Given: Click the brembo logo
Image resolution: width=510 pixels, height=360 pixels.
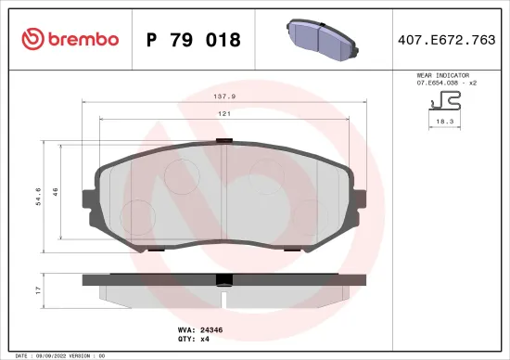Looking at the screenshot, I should click(70, 39).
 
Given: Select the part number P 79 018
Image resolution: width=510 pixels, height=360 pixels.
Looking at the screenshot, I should click(194, 40).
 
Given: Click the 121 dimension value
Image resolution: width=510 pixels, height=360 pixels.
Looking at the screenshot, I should click(224, 113).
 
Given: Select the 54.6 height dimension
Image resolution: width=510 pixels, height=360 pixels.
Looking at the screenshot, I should click(38, 197).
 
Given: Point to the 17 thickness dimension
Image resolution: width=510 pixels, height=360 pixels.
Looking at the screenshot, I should click(38, 290).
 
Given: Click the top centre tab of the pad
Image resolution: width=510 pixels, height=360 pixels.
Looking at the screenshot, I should click(223, 141).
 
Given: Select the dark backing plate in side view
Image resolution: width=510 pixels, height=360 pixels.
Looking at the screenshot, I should click(223, 279).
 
